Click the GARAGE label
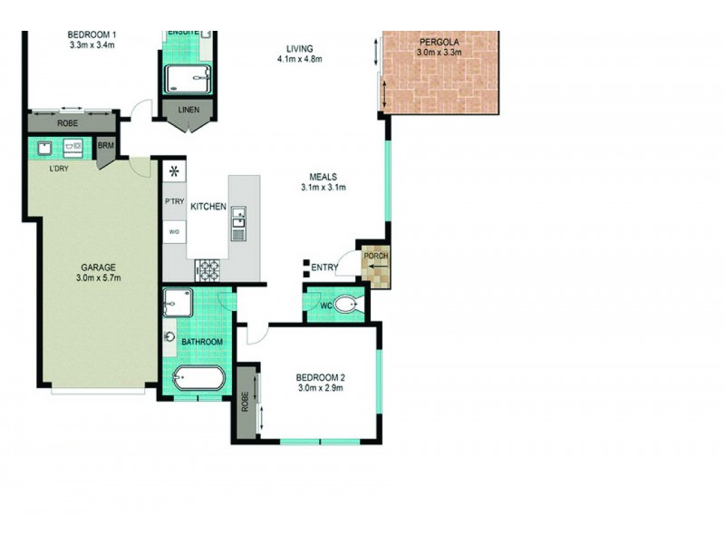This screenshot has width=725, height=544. point(97,267)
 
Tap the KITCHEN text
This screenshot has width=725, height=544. point(208,208)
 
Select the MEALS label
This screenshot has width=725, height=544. point(324,177)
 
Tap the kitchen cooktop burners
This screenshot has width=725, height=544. point(208,268)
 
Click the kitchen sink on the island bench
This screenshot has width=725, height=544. point(238,217)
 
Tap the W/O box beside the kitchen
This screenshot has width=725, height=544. point(174,233)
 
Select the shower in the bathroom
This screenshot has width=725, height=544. point(177,302)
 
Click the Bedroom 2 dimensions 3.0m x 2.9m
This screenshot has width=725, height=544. point(323,389)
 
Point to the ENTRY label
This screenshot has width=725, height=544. point(324,267)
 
